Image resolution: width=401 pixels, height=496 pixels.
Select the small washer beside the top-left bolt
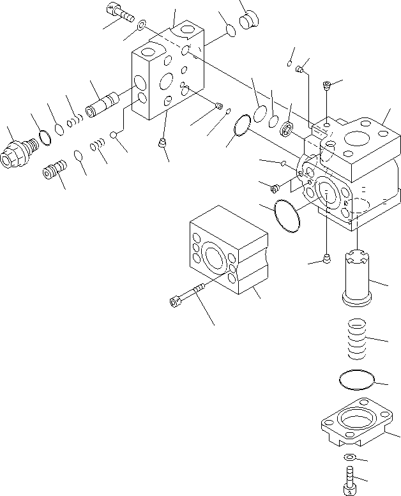(140, 26)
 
